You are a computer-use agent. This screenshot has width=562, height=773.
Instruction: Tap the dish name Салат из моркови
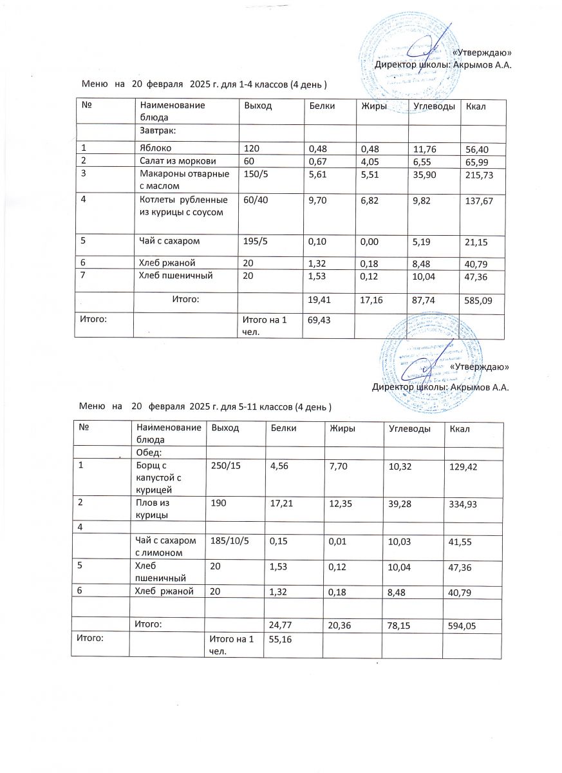coord(178,161)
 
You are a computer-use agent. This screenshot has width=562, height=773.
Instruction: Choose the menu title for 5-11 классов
coord(205,407)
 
